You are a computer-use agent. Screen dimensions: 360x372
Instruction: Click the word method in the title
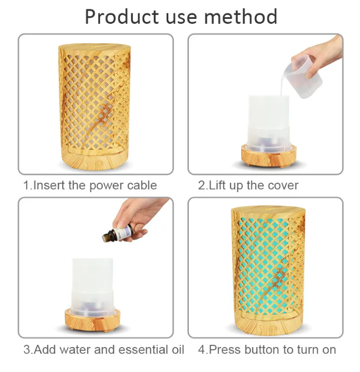[241, 17]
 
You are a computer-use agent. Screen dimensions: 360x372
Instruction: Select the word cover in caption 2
[283, 185]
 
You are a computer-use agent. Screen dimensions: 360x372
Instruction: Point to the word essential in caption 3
[142, 350]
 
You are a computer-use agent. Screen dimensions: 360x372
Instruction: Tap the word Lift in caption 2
[217, 185]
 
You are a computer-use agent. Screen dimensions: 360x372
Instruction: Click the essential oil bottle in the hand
[118, 234]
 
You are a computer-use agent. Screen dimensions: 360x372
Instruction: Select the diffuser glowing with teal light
[268, 269]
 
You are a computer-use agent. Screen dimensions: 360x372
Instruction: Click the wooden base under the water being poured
[269, 156]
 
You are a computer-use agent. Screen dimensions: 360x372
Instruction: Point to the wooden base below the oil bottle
[92, 319]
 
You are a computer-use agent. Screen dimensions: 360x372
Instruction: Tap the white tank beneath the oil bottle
[93, 287]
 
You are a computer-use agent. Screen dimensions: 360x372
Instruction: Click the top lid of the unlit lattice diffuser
[94, 48]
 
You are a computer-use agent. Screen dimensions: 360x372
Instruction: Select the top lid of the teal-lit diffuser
[268, 210]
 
